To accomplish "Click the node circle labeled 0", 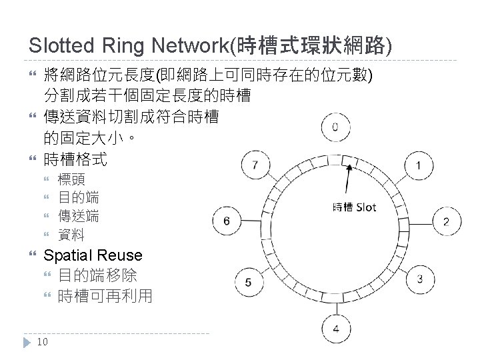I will (335, 127).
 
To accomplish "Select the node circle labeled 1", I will (418, 165).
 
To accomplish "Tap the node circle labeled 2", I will (446, 221).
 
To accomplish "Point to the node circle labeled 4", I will (336, 328).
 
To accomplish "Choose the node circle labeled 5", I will (248, 282).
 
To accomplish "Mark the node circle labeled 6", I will (227, 221).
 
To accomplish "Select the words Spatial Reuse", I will (93, 255).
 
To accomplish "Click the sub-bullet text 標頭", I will (71, 179).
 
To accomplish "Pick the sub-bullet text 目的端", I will (79, 197).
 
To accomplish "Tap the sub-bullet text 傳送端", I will (79, 216).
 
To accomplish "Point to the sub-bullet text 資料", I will (71, 235).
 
